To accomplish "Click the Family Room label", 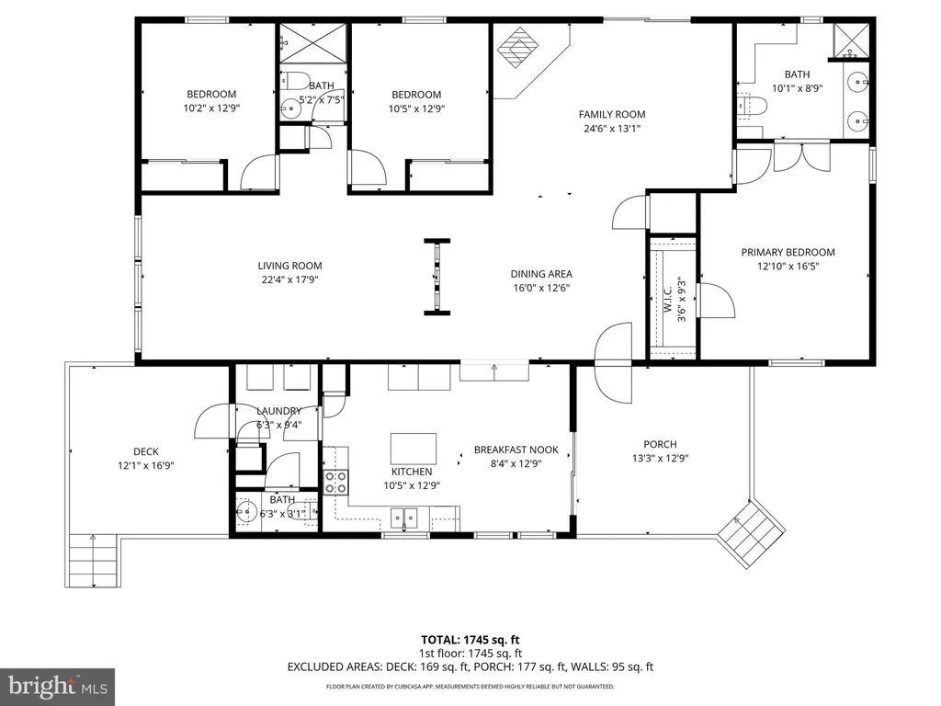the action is tap(612, 114).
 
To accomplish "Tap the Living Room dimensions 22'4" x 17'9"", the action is tap(289, 279).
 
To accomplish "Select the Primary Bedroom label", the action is tap(788, 252).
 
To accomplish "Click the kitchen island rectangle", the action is tap(413, 449).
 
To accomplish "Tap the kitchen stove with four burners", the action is tap(336, 483).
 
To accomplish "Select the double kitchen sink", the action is tap(404, 517).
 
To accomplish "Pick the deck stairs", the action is tap(93, 561).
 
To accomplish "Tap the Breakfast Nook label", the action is tap(516, 450).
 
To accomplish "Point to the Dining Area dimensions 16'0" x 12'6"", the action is tap(541, 288).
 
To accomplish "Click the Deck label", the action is tap(146, 451).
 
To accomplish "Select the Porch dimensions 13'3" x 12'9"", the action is tap(660, 458).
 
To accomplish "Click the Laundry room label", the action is tap(279, 411).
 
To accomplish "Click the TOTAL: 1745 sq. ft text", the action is tap(470, 640).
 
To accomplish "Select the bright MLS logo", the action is tap(58, 687).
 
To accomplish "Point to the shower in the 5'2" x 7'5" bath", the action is tap(313, 42).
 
